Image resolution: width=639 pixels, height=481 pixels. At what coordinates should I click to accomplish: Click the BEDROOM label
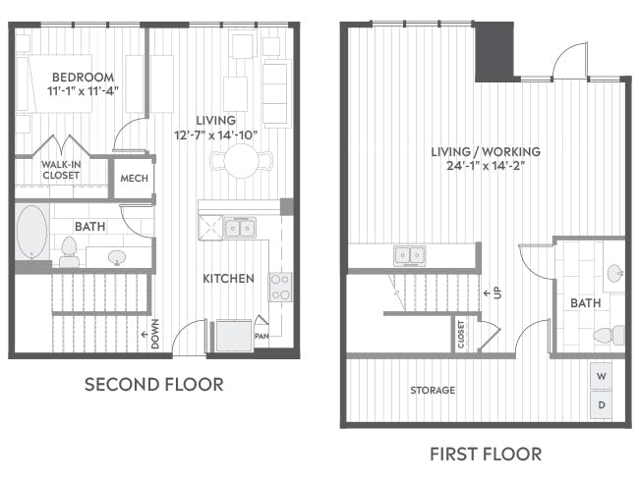[x=84, y=77]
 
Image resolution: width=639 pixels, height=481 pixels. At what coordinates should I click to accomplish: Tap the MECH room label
[x=134, y=179]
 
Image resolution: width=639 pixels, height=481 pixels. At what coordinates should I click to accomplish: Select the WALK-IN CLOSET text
[x=61, y=170]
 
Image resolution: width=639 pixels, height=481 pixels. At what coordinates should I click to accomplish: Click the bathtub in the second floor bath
[x=31, y=232]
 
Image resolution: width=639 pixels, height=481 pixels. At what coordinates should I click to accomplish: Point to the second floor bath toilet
[x=68, y=251]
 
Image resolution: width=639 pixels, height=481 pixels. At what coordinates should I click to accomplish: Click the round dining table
[x=241, y=160]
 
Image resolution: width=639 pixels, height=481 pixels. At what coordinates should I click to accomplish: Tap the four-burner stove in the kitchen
[x=280, y=287]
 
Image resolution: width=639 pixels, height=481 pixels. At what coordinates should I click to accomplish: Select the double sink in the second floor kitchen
[x=240, y=228]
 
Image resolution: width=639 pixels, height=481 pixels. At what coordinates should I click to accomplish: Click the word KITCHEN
[x=229, y=279]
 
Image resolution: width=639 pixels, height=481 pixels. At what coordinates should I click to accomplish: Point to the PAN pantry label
[x=262, y=336]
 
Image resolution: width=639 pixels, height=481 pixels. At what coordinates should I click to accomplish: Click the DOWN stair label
[x=155, y=334]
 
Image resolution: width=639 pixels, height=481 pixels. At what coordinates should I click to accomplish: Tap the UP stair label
[x=498, y=293]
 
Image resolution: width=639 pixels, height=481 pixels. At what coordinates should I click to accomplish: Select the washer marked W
[x=601, y=376]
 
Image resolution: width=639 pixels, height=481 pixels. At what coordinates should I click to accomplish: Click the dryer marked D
[x=601, y=404]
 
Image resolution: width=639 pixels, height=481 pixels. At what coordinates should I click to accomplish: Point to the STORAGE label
[x=433, y=391]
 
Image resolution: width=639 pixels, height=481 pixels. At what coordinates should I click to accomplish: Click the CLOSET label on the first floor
[x=461, y=335]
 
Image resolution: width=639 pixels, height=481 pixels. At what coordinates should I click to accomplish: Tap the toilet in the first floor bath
[x=609, y=336]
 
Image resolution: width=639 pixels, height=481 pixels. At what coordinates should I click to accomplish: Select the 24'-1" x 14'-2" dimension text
[x=486, y=166]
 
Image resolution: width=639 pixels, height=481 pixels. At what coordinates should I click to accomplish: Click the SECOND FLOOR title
[x=154, y=385]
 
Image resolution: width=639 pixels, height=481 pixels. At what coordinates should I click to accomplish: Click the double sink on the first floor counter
[x=410, y=255]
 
